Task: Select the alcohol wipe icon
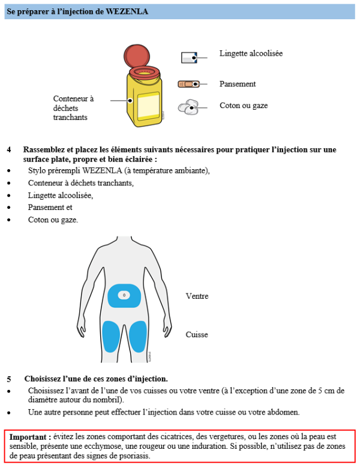[x=189, y=58]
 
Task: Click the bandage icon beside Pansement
[x=188, y=84]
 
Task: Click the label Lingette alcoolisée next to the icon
[x=251, y=53]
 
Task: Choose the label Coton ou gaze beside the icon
[x=244, y=106]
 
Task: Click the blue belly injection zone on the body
[x=124, y=296]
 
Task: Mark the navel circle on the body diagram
[x=124, y=295]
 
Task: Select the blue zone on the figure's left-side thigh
[x=110, y=336]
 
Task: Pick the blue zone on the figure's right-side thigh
[x=138, y=336]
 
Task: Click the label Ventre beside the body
[x=197, y=296]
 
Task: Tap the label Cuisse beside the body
[x=197, y=335]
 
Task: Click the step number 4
[x=9, y=149]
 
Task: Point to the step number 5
[x=9, y=379]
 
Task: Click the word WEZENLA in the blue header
[x=127, y=11]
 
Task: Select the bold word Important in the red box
[x=29, y=437]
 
